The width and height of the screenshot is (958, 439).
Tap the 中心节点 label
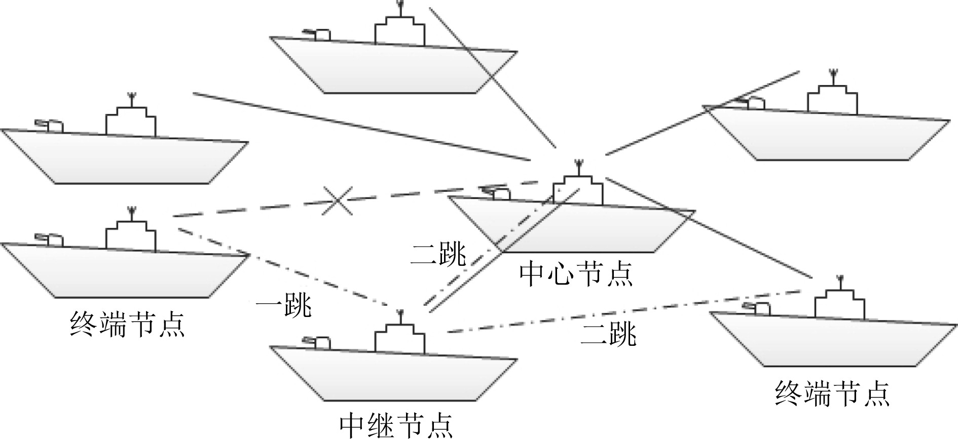576,274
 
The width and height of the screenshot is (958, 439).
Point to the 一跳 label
283,305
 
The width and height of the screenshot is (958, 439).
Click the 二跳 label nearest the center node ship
438,254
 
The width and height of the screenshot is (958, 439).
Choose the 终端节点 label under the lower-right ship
832,393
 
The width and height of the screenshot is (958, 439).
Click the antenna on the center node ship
577,168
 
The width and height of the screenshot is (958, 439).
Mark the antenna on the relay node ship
400,316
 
